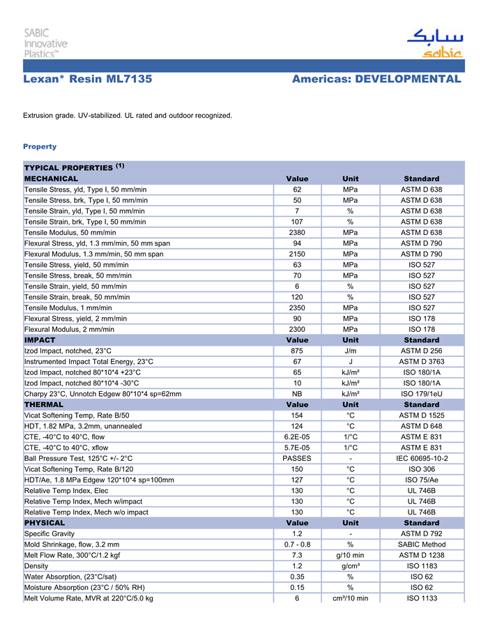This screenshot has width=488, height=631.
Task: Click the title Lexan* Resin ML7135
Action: pyautogui.click(x=88, y=79)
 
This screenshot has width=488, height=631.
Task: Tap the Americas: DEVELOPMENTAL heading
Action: pyautogui.click(x=376, y=79)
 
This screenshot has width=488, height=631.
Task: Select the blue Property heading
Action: pyautogui.click(x=40, y=146)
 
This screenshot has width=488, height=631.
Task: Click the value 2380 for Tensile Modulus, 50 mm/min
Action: pyautogui.click(x=297, y=232)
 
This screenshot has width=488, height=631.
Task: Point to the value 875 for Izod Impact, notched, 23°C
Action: pyautogui.click(x=297, y=351)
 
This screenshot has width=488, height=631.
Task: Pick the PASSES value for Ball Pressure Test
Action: pyautogui.click(x=297, y=458)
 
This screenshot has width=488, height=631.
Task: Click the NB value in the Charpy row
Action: pyautogui.click(x=297, y=394)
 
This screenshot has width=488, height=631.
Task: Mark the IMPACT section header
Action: pyautogui.click(x=40, y=340)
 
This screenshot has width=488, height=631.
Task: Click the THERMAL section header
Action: pyautogui.click(x=44, y=404)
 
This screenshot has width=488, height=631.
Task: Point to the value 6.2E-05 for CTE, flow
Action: pyautogui.click(x=297, y=436)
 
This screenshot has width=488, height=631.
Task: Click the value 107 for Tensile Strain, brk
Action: pyautogui.click(x=297, y=222)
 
